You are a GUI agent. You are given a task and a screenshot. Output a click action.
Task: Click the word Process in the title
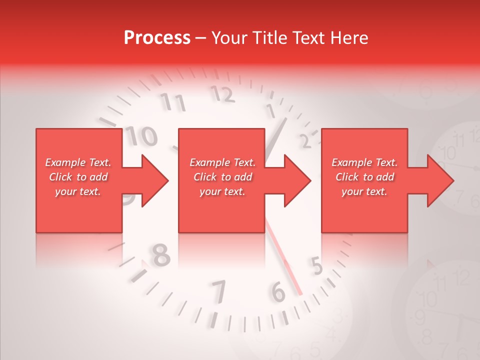157,38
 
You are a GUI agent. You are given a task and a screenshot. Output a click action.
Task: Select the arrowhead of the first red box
155,180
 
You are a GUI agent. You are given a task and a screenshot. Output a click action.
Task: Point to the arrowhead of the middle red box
297,180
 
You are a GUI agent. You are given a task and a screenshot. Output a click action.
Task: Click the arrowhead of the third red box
440,180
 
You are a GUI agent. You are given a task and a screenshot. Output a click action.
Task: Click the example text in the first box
78,177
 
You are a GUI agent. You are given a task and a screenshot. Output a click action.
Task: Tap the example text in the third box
364,177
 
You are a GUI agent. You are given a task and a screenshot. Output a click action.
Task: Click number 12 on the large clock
222,93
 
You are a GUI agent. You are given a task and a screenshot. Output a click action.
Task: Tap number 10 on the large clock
141,136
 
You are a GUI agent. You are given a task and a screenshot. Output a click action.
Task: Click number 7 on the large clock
218,292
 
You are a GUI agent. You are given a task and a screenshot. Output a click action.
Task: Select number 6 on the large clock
278,292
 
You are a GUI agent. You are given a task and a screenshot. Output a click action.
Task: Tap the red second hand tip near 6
300,293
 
